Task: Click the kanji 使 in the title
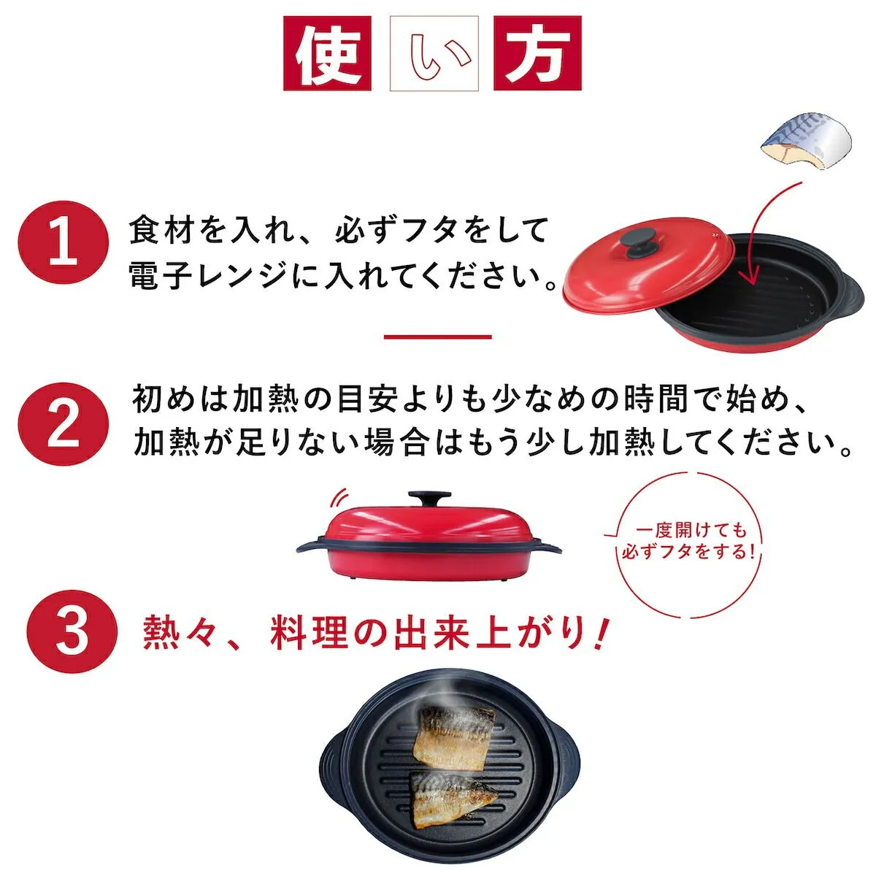point(327,53)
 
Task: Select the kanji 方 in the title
point(537,53)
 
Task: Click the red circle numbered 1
point(64,247)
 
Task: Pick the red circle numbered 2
point(64,426)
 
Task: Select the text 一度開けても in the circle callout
point(691,531)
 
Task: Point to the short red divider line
point(438,337)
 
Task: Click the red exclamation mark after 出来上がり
point(601,633)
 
